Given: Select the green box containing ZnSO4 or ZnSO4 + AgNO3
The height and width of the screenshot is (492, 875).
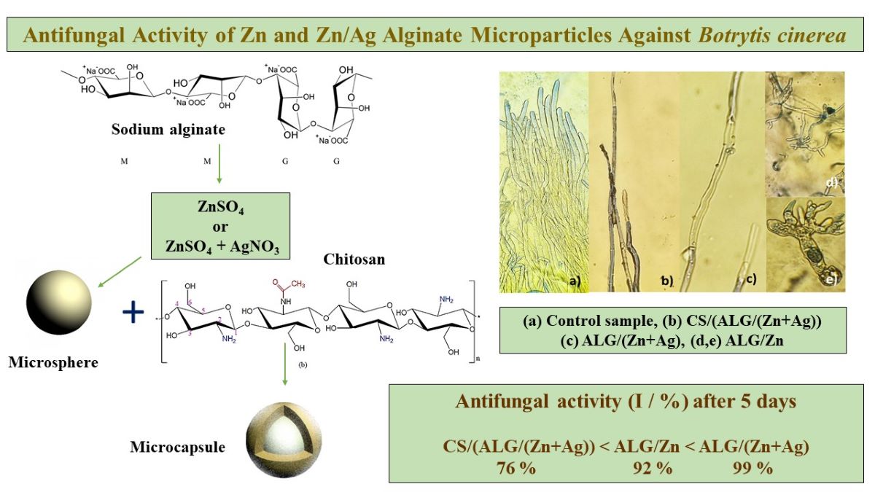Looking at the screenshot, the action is click(x=219, y=225).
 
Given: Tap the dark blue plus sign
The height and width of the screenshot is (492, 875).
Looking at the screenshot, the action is click(x=133, y=313).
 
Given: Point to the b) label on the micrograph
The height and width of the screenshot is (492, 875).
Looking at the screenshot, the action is click(x=666, y=281).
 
